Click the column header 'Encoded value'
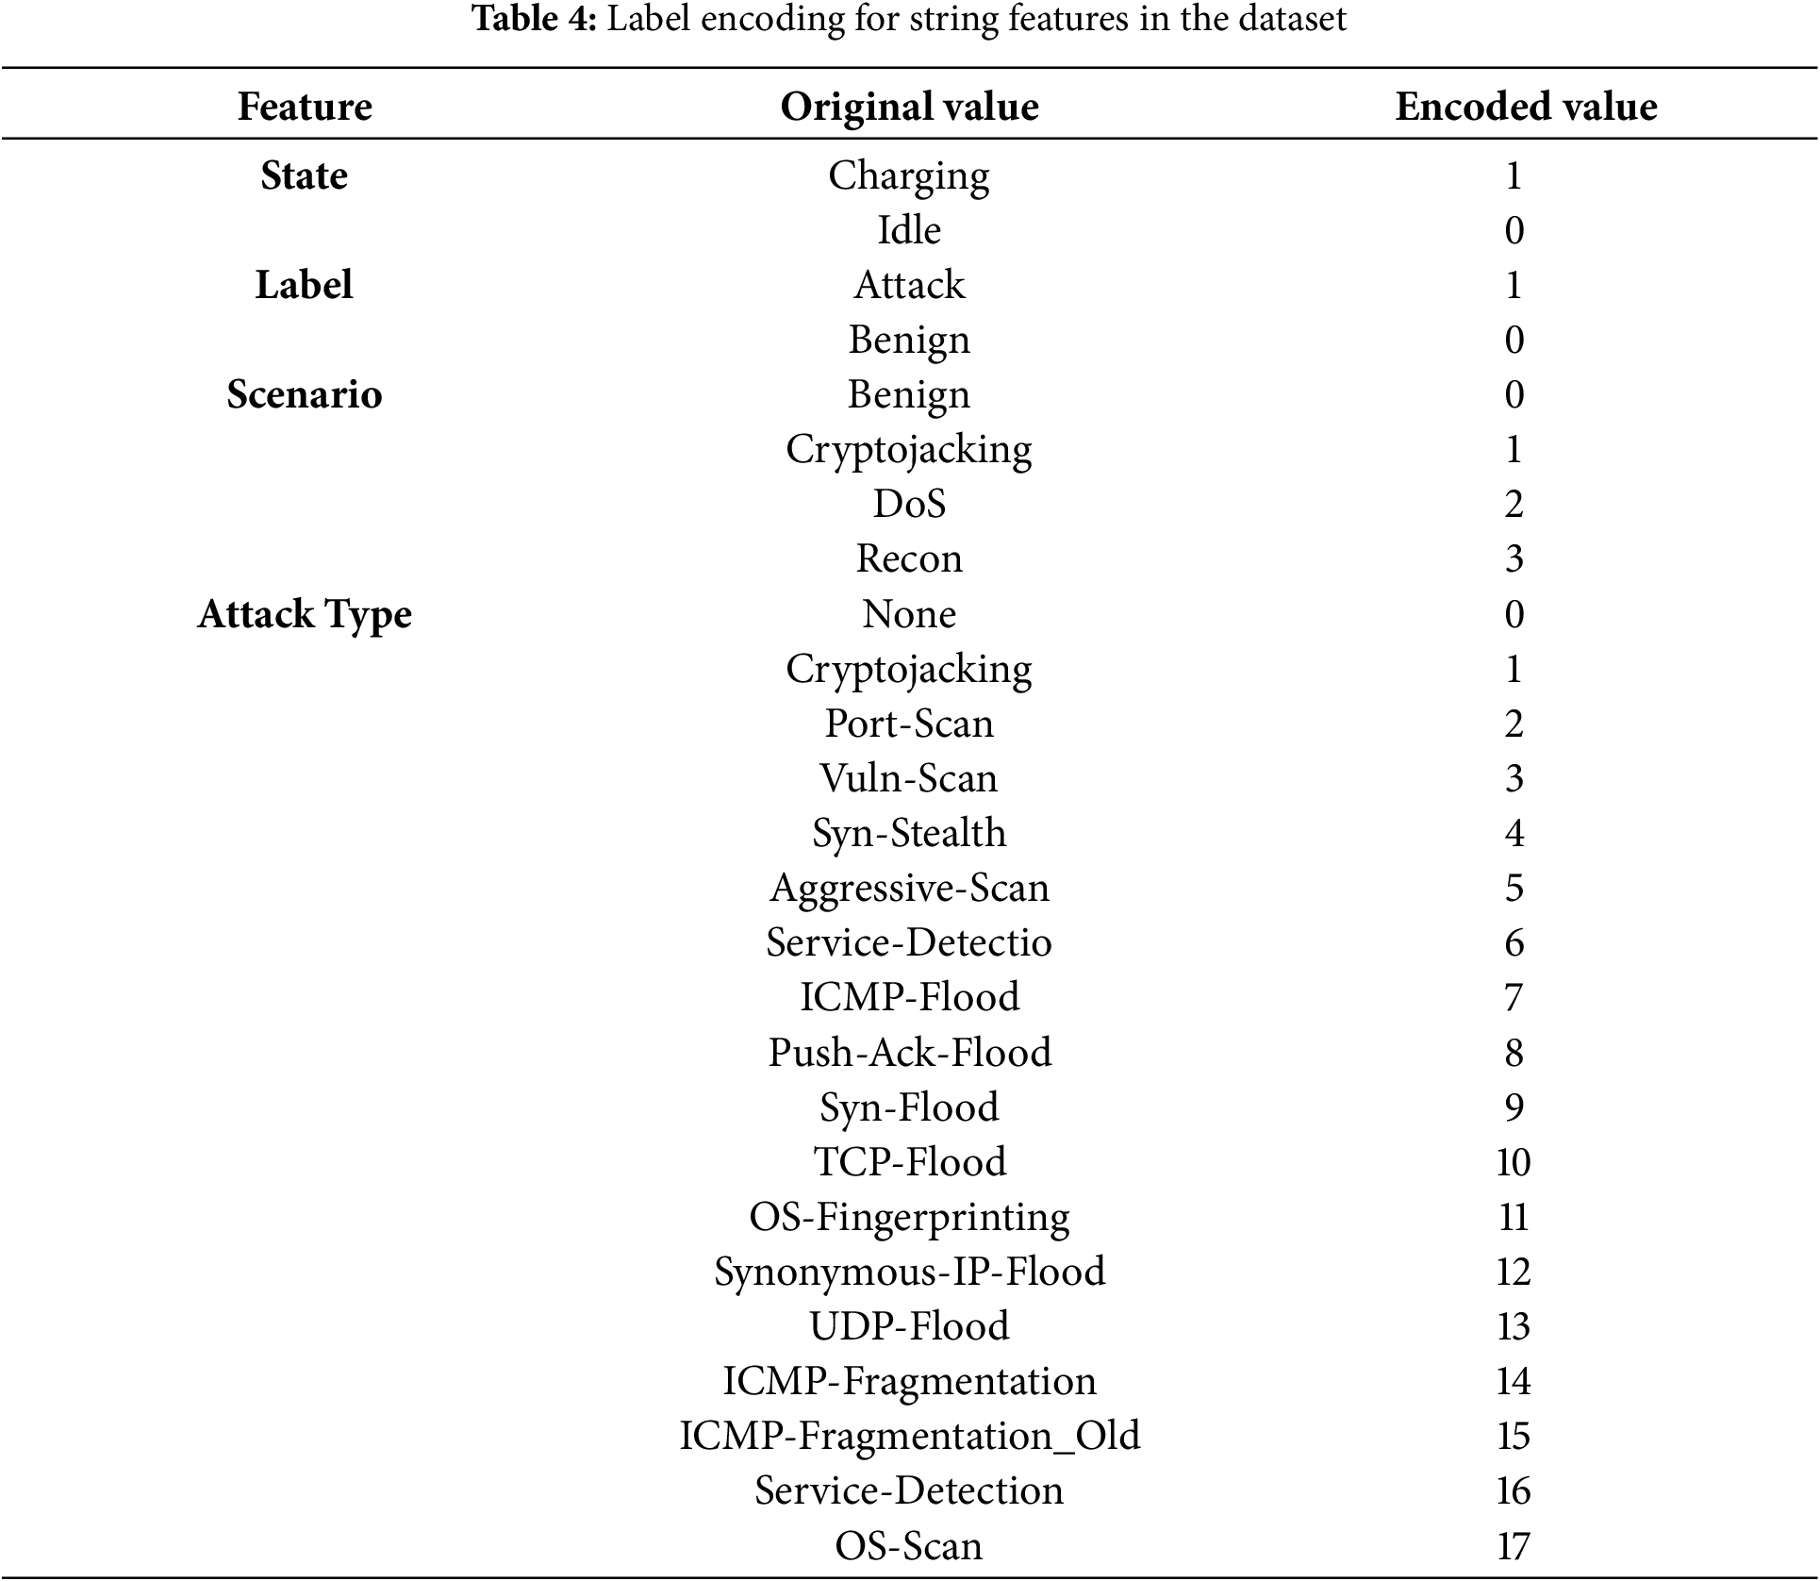pos(1525,107)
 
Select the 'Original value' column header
pos(909,107)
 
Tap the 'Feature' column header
pos(305,107)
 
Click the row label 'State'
pos(304,175)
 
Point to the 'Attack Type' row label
pos(305,614)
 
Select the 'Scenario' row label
pos(305,394)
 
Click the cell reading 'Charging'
pos(909,176)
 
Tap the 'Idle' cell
pos(909,230)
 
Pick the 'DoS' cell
pos(909,504)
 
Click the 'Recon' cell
pos(909,558)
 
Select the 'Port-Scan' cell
pos(909,724)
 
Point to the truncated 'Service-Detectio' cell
pos(909,942)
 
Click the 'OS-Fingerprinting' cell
pos(909,1217)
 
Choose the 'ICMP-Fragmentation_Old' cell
pos(909,1436)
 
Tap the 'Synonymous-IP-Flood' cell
pos(909,1272)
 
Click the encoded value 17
pos(1514,1546)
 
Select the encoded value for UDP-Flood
pos(1514,1326)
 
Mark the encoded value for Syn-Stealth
pos(1514,833)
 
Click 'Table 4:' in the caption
pos(535,19)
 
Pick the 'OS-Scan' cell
pos(909,1546)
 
